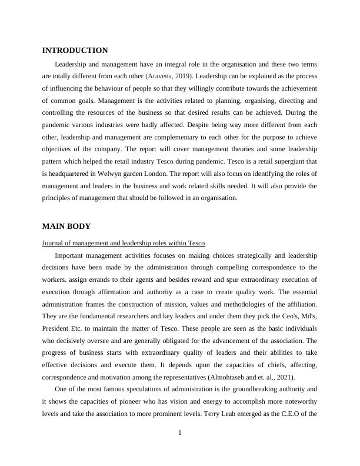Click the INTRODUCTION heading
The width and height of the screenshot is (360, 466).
click(75, 51)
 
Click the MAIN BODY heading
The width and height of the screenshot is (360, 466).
click(66, 226)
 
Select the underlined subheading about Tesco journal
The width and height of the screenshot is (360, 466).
click(123, 243)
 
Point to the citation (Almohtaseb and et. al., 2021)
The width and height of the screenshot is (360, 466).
click(253, 377)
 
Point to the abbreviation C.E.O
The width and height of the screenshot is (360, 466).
click(285, 414)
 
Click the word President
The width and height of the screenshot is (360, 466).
click(57, 327)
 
